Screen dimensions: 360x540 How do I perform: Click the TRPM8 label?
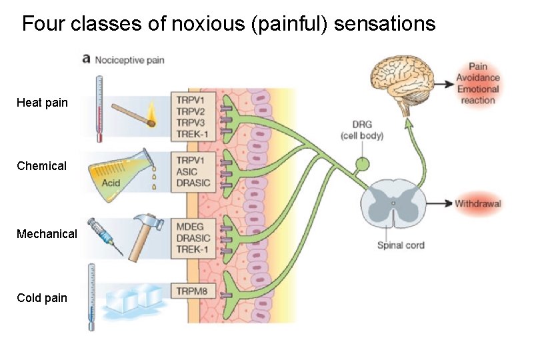(193, 291)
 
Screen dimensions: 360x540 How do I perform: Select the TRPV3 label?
(192, 123)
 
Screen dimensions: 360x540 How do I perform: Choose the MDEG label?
(191, 227)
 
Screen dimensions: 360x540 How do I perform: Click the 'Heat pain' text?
(42, 103)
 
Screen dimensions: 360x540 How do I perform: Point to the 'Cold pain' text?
(42, 298)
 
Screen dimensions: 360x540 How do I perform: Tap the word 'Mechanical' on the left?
(47, 234)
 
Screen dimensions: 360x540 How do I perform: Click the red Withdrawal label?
(477, 203)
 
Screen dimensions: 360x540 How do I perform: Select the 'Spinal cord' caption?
(401, 245)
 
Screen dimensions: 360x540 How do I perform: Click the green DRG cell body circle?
(362, 164)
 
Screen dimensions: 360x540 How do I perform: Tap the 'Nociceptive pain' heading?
(129, 60)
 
